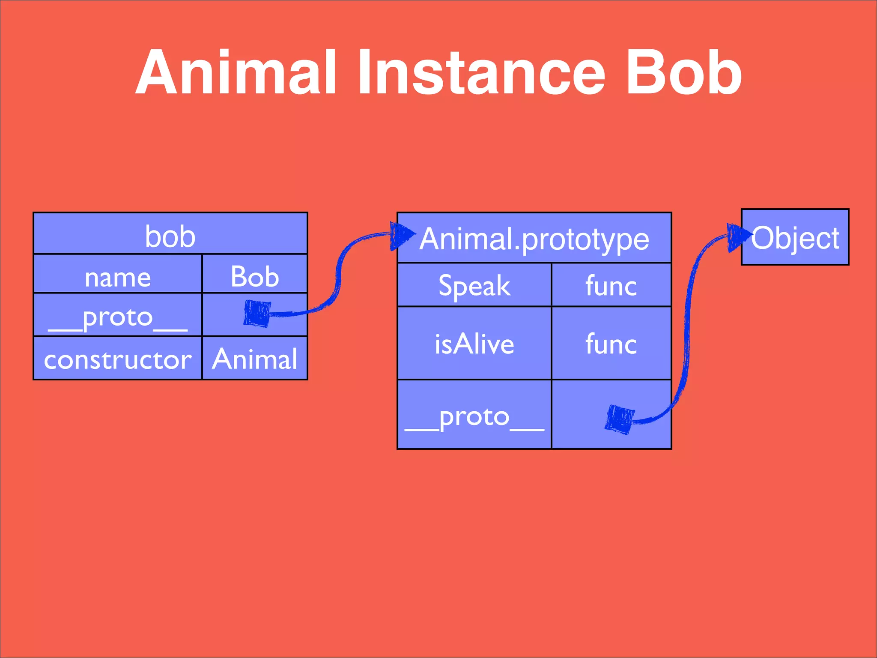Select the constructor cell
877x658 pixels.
click(118, 359)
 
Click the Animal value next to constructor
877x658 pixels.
click(255, 359)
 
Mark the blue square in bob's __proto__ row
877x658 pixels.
click(257, 313)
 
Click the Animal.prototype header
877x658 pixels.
click(534, 239)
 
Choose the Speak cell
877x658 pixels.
click(474, 285)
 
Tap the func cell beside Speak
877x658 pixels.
click(611, 285)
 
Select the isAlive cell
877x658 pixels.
click(474, 344)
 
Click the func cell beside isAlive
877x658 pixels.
click(611, 344)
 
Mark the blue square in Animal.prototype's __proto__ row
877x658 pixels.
click(620, 419)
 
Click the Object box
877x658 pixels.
click(795, 237)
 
